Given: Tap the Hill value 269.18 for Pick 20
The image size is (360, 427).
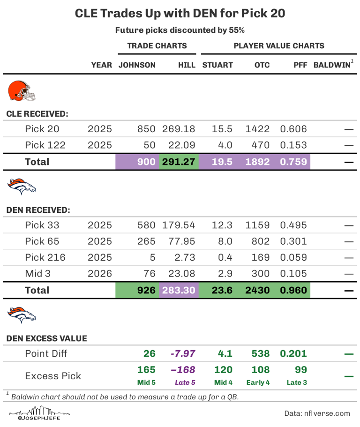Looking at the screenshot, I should (179, 129).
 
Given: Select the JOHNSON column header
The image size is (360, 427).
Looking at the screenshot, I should (137, 66).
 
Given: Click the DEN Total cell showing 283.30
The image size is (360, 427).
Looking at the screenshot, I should (179, 290).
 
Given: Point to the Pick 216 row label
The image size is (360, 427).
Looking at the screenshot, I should (45, 257).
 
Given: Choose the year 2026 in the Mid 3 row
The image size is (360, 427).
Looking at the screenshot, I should (100, 274).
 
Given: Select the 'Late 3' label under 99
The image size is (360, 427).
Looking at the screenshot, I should (297, 383).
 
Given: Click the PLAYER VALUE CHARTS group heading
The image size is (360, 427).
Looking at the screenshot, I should (279, 46).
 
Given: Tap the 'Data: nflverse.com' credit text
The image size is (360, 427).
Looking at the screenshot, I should (317, 413).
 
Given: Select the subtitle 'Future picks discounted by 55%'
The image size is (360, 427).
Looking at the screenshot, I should (180, 30).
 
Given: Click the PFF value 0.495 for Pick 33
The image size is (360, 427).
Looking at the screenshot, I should (293, 225).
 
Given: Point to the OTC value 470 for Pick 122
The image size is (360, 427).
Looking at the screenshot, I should (258, 146).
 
